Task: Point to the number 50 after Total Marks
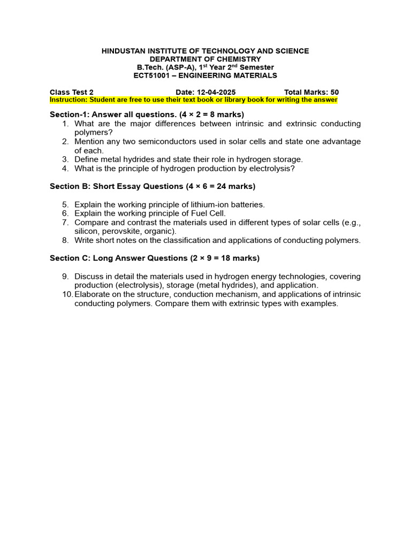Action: pyautogui.click(x=334, y=92)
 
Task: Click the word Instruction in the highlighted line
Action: pyautogui.click(x=68, y=100)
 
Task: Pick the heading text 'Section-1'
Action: pyautogui.click(x=68, y=115)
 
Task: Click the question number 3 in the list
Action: pyautogui.click(x=65, y=159)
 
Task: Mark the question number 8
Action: pyautogui.click(x=65, y=240)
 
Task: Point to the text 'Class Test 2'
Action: pyautogui.click(x=72, y=92)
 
